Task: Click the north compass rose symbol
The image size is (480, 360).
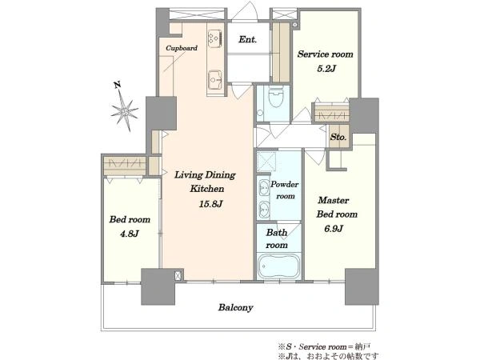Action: point(125,111)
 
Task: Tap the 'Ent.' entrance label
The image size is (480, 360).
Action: point(248,39)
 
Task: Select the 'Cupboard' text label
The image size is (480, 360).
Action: point(182,48)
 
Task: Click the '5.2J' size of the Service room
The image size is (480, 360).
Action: point(326,68)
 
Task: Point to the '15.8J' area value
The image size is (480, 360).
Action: point(210,203)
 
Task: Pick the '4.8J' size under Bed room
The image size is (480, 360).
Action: point(130,234)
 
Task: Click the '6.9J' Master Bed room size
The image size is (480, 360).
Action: point(334,228)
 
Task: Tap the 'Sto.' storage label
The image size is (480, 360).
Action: point(338,137)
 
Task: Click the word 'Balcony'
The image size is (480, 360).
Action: point(235,307)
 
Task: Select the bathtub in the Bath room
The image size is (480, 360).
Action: point(279,266)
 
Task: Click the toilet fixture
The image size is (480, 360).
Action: point(276,96)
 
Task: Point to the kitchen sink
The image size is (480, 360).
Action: point(215,80)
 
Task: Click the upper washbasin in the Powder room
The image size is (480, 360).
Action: point(263,188)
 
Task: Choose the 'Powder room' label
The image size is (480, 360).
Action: point(284,190)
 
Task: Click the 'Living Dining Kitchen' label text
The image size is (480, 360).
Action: point(205,182)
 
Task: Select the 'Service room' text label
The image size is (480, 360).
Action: point(325,54)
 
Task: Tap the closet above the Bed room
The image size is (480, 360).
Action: point(125,166)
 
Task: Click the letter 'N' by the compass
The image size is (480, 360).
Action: point(117,85)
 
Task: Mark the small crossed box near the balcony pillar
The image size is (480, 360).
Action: point(178,275)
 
